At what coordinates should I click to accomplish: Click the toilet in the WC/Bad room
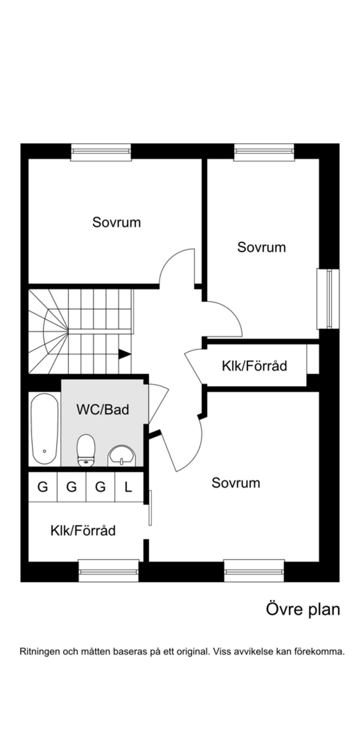point(86,450)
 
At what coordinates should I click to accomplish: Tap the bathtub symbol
point(44,429)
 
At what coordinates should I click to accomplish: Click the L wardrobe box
point(129,487)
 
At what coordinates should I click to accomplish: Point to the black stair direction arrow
point(124,354)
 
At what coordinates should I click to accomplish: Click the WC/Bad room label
point(102,409)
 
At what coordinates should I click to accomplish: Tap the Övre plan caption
point(303,609)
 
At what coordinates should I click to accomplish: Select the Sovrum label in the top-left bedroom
point(116,222)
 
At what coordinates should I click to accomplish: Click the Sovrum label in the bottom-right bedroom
point(235,482)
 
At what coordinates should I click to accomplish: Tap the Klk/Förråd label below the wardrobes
point(83,530)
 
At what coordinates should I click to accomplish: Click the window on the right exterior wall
point(328,298)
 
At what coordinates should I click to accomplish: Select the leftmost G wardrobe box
point(43,487)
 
